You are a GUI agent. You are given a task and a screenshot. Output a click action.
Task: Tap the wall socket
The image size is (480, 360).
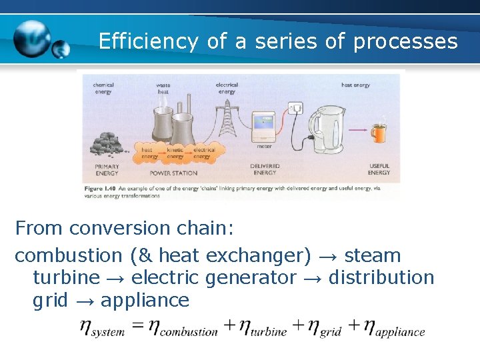pos(295,108)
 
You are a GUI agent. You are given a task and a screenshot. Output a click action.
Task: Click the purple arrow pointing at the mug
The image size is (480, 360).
pos(359,129)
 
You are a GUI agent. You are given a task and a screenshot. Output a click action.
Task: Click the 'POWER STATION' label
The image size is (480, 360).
pos(173,173)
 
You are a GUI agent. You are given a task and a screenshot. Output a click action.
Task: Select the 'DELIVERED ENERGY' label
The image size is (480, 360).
pos(265,169)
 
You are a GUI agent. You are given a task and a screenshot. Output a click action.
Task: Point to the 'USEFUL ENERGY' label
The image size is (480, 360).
pos(379,169)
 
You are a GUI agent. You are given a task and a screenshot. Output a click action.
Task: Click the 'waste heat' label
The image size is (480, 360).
pos(163,89)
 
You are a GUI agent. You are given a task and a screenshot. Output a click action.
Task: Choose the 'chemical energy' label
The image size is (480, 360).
pos(103,89)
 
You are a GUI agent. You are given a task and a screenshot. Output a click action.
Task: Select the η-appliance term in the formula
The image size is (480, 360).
pos(387,328)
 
